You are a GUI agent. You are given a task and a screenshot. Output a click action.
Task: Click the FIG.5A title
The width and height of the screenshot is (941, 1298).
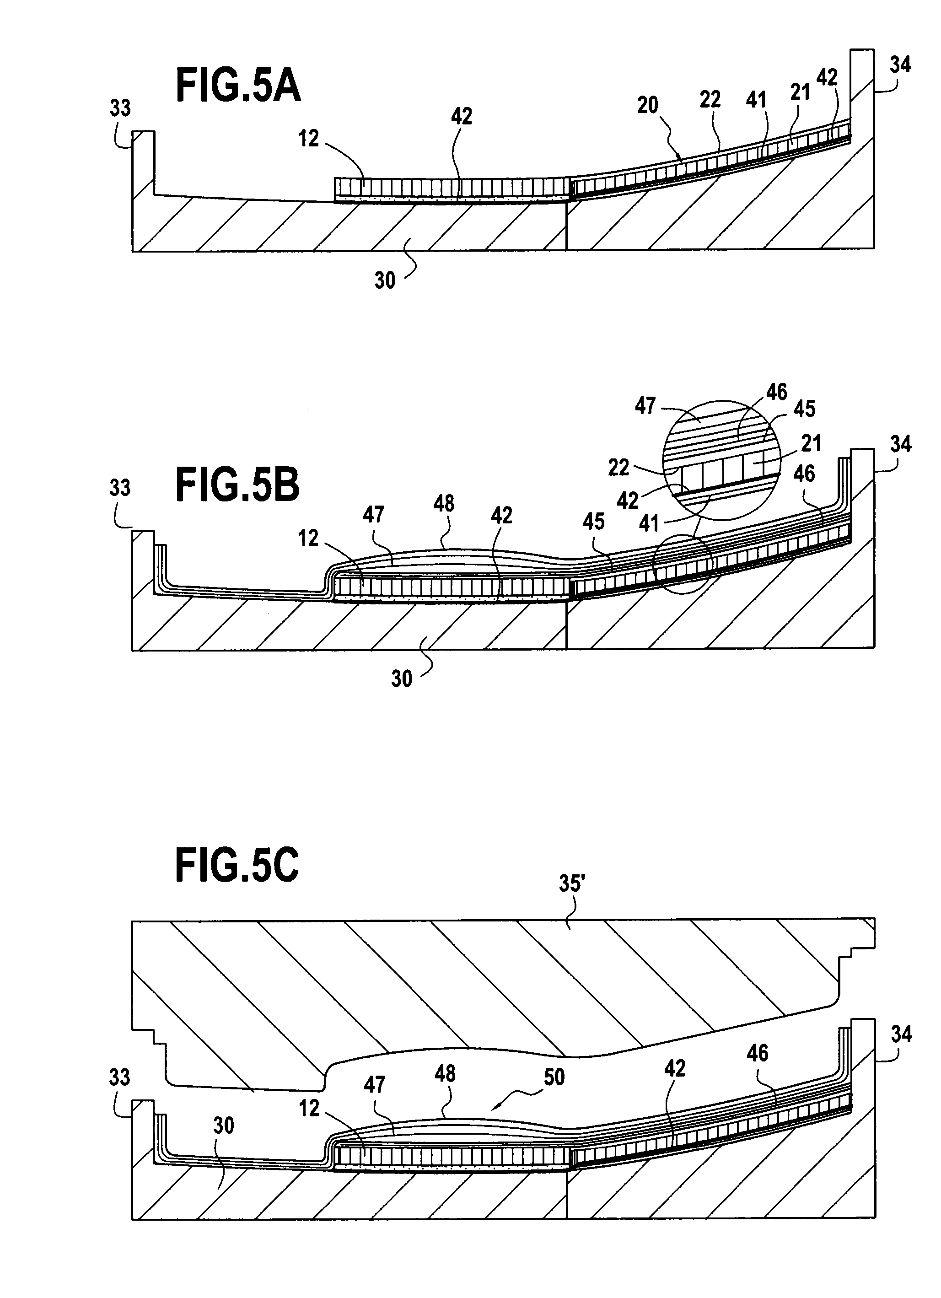tap(238, 85)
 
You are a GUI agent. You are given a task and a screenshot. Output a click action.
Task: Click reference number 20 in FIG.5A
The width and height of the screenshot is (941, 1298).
tap(647, 105)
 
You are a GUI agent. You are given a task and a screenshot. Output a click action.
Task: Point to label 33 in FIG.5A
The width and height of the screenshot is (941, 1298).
tap(120, 108)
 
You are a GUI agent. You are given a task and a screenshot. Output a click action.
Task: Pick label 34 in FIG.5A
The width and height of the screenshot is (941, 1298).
tap(900, 65)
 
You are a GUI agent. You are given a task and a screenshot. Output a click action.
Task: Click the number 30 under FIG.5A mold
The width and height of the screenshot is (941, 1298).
tap(385, 280)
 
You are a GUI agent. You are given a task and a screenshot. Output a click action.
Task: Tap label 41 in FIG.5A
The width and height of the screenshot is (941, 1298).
tap(756, 100)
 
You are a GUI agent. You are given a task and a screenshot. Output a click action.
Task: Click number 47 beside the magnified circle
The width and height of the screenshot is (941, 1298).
tap(645, 406)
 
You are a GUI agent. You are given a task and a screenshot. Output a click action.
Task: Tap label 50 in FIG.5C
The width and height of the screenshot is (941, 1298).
tap(554, 1077)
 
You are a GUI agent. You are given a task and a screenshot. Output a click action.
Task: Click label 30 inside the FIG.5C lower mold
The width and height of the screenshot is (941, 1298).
tap(223, 1126)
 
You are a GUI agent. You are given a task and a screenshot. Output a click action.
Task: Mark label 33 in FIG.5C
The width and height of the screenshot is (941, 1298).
tap(120, 1077)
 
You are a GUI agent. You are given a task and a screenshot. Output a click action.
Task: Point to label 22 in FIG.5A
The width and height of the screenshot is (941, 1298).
tap(710, 100)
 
